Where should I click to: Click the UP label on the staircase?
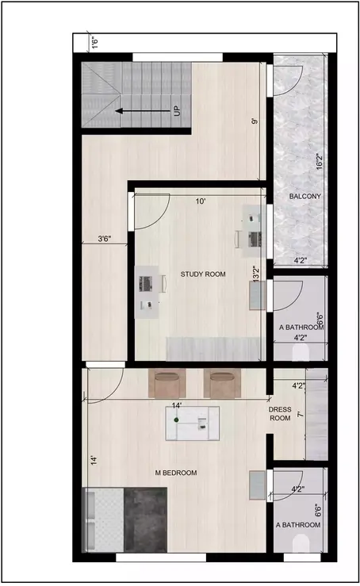(x=177, y=111)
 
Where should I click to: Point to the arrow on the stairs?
(x=140, y=111)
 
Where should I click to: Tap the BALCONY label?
(x=305, y=197)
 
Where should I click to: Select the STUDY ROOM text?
(x=203, y=274)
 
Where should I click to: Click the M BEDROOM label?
(x=176, y=473)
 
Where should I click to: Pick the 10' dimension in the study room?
(x=201, y=202)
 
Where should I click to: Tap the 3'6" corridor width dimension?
(x=104, y=238)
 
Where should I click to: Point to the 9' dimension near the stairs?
(x=255, y=121)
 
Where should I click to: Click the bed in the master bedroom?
(x=104, y=519)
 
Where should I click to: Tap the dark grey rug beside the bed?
(x=146, y=519)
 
